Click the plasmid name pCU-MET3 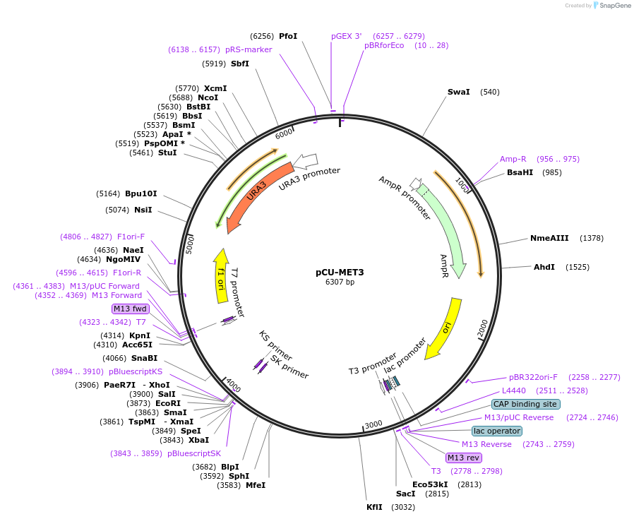tap(340, 272)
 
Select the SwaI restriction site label tap(458, 92)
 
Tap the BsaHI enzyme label tap(520, 172)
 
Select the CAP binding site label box tap(525, 405)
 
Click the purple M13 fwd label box tap(131, 309)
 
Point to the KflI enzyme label tap(374, 507)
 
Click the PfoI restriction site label tap(288, 36)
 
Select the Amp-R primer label tap(513, 159)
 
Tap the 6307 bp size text tap(340, 282)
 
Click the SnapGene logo tap(612, 6)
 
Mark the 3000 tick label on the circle tap(373, 424)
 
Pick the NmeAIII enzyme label tap(549, 238)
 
